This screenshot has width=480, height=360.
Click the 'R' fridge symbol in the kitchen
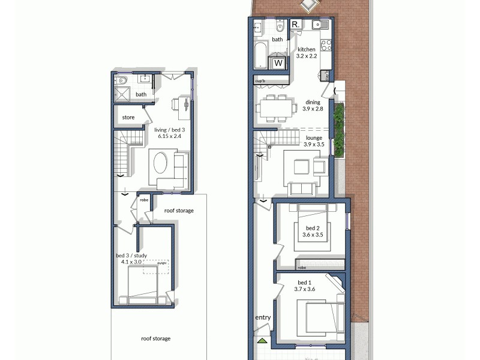(296, 25)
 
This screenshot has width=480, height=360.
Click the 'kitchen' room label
(306, 49)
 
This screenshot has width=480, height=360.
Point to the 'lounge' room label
(314, 137)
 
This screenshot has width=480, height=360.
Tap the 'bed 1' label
(305, 282)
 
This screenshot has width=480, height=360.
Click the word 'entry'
(263, 317)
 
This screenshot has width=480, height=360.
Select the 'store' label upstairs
(128, 118)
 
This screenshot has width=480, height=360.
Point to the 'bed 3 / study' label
(131, 256)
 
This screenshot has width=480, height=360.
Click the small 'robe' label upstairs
(144, 200)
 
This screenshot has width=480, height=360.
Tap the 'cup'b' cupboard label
(260, 81)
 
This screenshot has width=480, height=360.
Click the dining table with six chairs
(277, 109)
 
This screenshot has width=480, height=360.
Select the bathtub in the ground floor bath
(260, 56)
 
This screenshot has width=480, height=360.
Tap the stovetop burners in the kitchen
(326, 45)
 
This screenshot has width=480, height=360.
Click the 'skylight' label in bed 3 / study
(161, 263)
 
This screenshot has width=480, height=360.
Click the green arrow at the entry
(262, 340)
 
